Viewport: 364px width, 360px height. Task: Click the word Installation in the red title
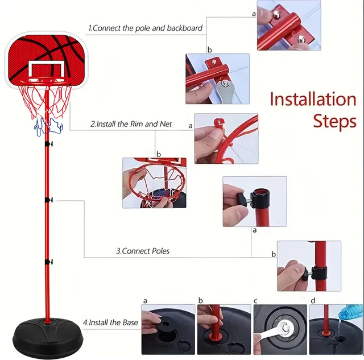coord(312,100)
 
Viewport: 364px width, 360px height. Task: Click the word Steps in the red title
coord(335,121)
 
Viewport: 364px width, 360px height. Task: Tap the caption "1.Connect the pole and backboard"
coord(145,27)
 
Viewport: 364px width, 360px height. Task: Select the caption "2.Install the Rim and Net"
coord(131,123)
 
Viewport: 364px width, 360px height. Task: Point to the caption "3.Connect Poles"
coord(143,250)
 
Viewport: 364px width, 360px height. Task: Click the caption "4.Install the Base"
coord(110,322)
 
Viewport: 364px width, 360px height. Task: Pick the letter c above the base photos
coord(256,300)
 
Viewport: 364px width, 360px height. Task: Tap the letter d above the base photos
coord(312,300)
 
